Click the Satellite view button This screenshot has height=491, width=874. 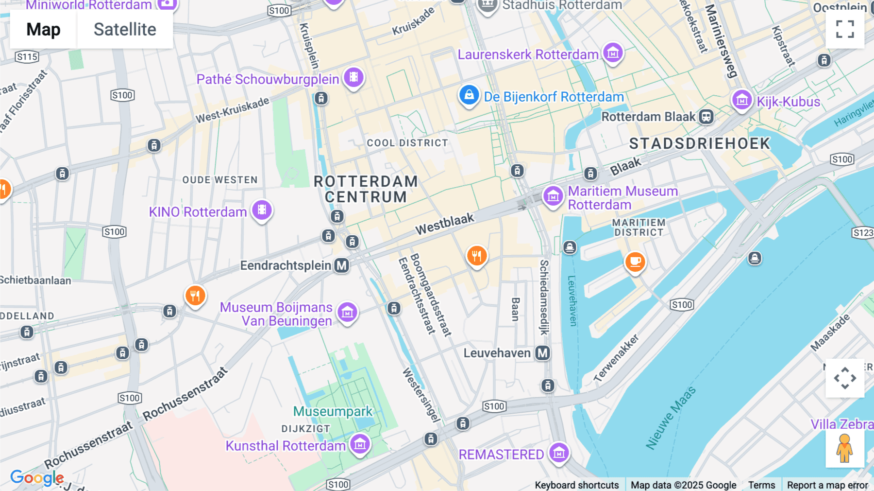[x=125, y=30]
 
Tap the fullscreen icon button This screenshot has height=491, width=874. [x=845, y=29]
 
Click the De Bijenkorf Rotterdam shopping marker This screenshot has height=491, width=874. [x=469, y=95]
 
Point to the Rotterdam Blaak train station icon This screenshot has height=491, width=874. [x=706, y=117]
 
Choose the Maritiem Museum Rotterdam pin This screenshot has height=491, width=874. [x=553, y=196]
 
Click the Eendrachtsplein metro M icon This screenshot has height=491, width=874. [x=342, y=265]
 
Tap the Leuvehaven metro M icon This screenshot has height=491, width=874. [x=542, y=353]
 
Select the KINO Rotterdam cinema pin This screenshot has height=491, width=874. [x=262, y=210]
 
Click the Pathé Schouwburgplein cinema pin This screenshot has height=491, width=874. [x=353, y=77]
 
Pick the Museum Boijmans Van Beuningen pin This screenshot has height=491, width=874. [x=347, y=312]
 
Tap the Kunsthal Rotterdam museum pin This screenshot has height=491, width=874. [x=360, y=443]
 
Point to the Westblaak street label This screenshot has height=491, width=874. [x=444, y=224]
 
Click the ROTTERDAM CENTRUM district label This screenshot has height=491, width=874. [x=366, y=189]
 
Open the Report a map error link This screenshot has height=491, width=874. [x=827, y=485]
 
